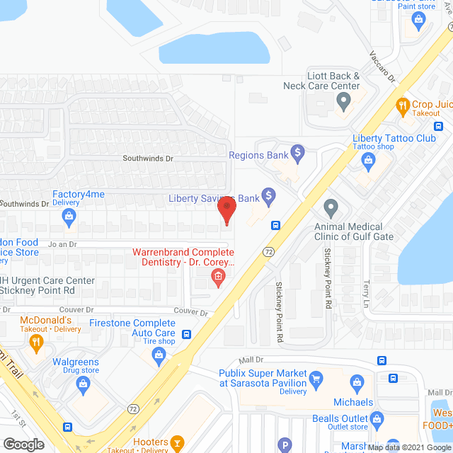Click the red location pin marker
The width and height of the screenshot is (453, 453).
pos(226,210)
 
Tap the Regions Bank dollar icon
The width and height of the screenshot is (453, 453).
pos(298,151)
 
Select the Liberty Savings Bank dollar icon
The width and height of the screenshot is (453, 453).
pos(268,195)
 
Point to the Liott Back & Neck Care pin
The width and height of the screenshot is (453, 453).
pos(343,104)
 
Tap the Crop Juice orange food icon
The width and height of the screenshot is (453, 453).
pos(403,105)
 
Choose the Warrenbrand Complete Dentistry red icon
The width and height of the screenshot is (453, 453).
pos(218,276)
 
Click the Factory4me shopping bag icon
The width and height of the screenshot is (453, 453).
pos(69,219)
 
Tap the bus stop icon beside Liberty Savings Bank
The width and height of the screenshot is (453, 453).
pos(275,226)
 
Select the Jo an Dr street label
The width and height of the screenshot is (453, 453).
pos(62,243)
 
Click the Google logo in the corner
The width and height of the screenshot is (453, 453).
pos(23,444)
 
